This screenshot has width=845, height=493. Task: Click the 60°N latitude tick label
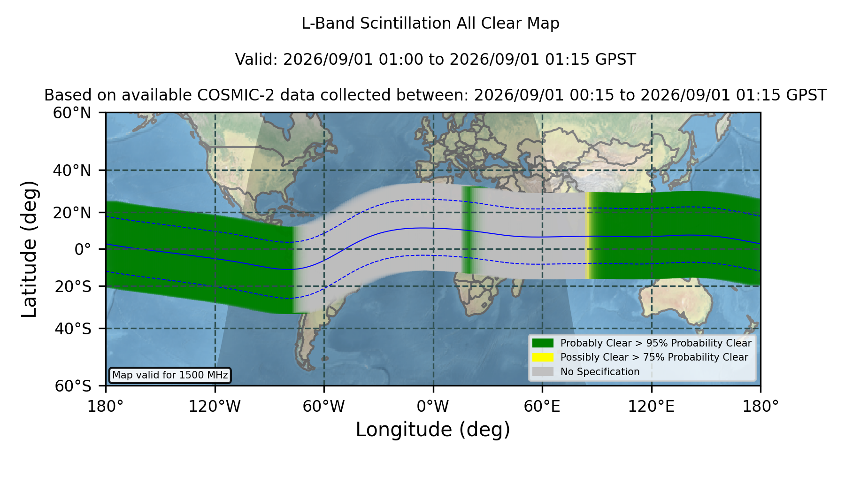tap(72, 113)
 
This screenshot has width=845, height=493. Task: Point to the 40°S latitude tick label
tap(73, 329)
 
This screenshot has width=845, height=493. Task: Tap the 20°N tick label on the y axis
tap(72, 213)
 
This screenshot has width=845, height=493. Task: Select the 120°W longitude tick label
tap(215, 406)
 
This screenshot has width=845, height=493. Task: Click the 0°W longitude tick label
tap(433, 406)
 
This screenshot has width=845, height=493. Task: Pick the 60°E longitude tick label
tap(542, 406)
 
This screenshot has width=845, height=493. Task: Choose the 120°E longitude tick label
tap(651, 406)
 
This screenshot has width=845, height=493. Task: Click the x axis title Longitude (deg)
tap(433, 430)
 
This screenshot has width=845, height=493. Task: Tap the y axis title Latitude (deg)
tap(29, 249)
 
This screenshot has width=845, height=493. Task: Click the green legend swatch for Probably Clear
tap(543, 343)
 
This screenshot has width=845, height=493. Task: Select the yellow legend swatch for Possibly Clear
tap(543, 357)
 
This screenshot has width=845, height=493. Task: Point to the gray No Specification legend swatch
tap(543, 372)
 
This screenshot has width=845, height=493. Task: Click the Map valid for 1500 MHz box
tap(170, 375)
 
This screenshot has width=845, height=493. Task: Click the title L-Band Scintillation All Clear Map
tap(430, 23)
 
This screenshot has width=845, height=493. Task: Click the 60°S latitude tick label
tap(73, 386)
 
